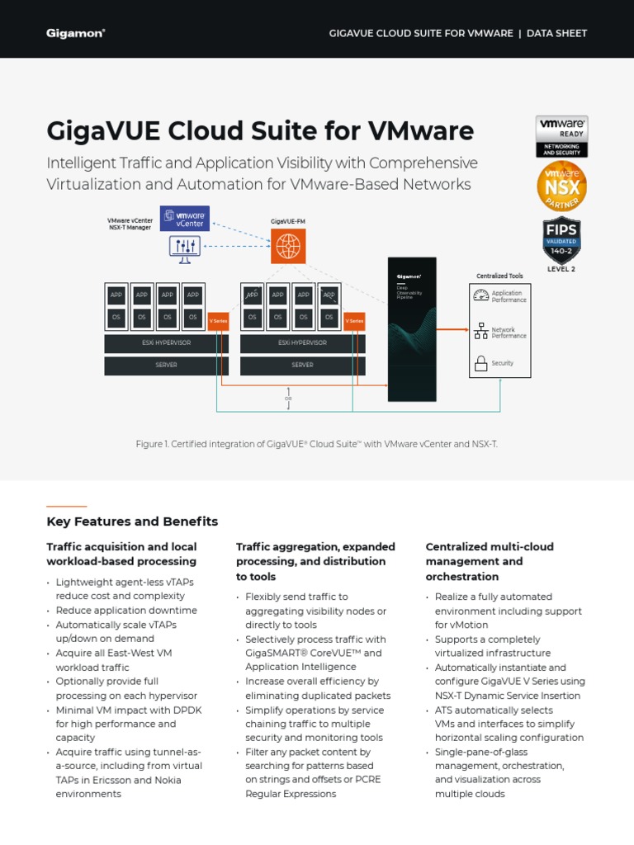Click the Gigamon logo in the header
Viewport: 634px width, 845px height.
[75, 33]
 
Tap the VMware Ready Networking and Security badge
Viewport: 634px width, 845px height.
[561, 136]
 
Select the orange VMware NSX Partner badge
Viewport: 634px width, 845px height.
[561, 186]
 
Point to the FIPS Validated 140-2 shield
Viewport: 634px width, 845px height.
[561, 240]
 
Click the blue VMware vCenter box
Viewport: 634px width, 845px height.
[185, 218]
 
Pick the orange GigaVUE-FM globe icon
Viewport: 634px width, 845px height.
[288, 247]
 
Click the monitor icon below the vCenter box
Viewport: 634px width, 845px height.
[184, 247]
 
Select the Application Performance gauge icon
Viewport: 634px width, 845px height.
[481, 295]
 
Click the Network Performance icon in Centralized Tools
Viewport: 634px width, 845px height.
[481, 332]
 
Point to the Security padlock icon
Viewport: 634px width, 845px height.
[481, 363]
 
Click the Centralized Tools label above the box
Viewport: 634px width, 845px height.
[499, 276]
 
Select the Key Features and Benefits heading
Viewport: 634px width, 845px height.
[132, 522]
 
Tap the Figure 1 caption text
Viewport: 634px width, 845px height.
[317, 444]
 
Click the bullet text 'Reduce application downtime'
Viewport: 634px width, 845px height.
[125, 611]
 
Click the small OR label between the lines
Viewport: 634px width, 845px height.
[288, 399]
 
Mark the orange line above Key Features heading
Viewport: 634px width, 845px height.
[67, 506]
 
